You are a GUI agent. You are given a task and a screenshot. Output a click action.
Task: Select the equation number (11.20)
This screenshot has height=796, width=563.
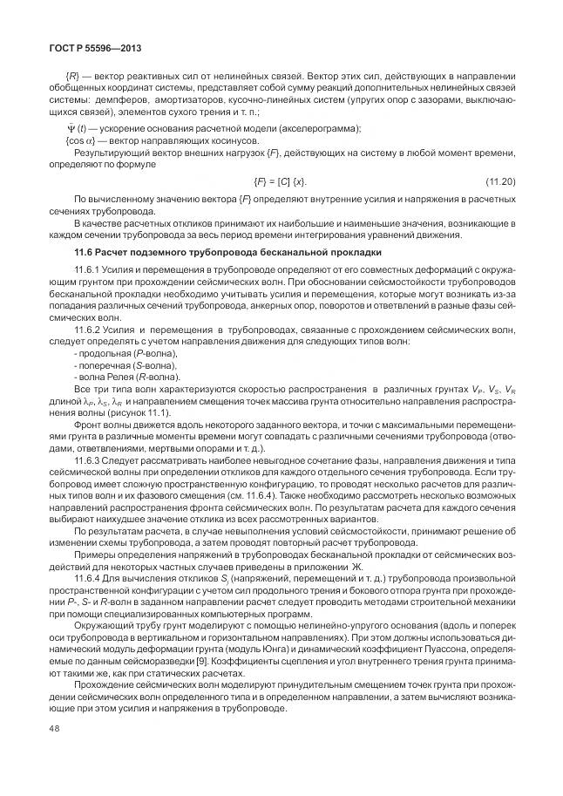pyautogui.click(x=499, y=180)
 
